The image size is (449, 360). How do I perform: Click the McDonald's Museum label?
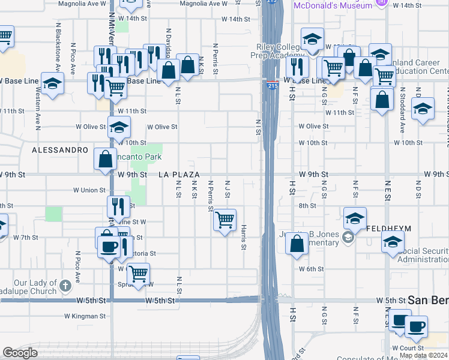coord(331,5)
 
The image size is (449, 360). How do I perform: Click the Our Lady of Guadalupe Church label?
coord(36,287)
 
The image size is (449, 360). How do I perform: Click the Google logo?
coord(20,353)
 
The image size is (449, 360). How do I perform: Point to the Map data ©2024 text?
coord(423,355)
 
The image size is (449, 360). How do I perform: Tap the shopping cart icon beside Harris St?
coord(224,220)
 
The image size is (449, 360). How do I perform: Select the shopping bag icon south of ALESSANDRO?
coord(106,160)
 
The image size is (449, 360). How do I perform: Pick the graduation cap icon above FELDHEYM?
coord(355,218)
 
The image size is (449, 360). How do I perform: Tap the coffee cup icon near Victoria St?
coord(109,246)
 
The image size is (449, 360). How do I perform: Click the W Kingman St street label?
coord(85,316)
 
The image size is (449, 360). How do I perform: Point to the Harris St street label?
coord(244,238)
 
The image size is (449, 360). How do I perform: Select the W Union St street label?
coord(89,190)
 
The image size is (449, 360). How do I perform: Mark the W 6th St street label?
coord(312,269)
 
